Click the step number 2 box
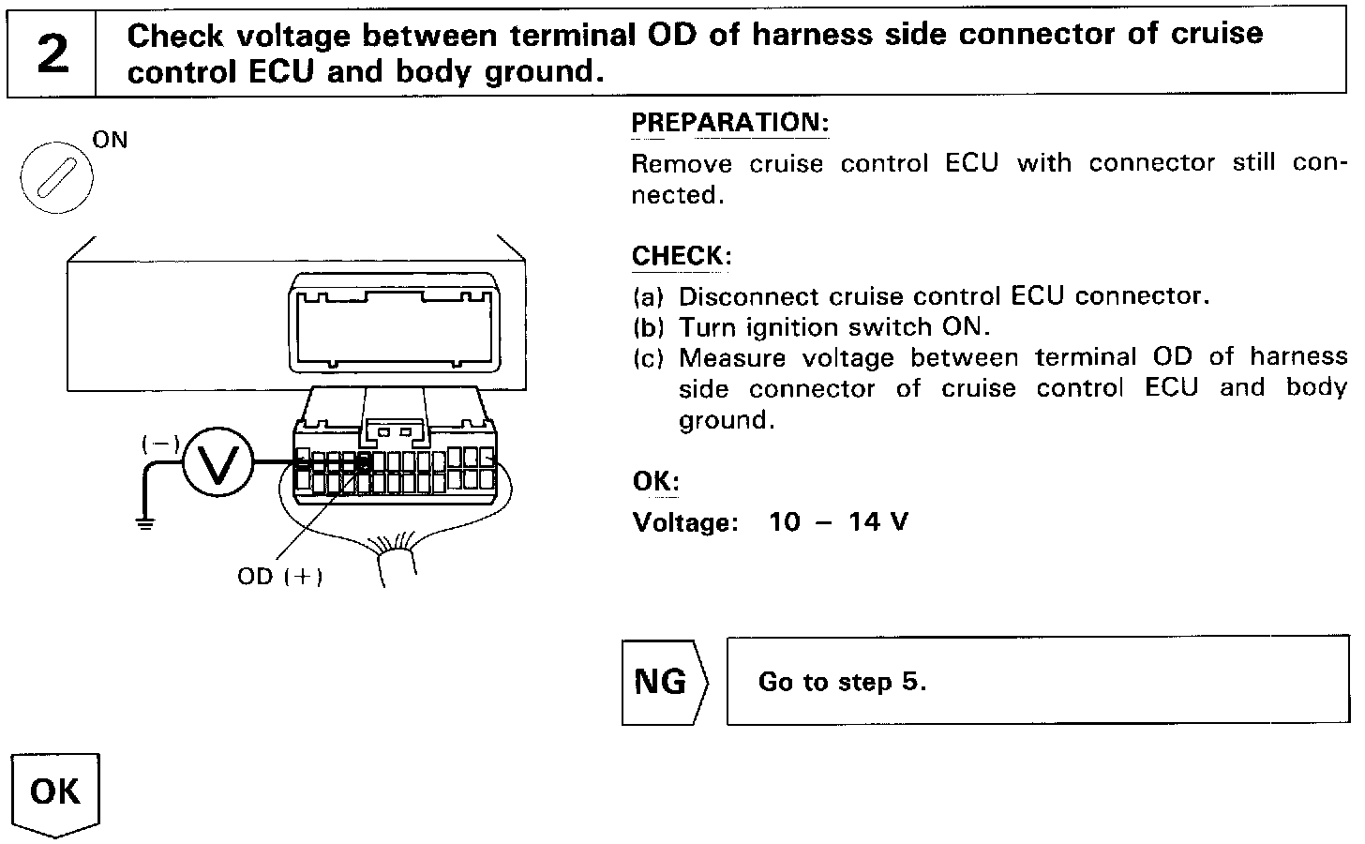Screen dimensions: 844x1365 52,53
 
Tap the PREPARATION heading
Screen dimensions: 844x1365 729,123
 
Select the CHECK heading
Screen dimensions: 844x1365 682,255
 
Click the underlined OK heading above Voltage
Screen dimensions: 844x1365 655,481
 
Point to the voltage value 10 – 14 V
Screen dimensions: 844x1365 838,521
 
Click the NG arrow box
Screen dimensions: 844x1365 665,682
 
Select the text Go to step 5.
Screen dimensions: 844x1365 842,682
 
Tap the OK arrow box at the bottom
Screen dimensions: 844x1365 55,792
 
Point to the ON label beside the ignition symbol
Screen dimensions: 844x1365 111,141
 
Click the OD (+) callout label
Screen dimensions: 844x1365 279,576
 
